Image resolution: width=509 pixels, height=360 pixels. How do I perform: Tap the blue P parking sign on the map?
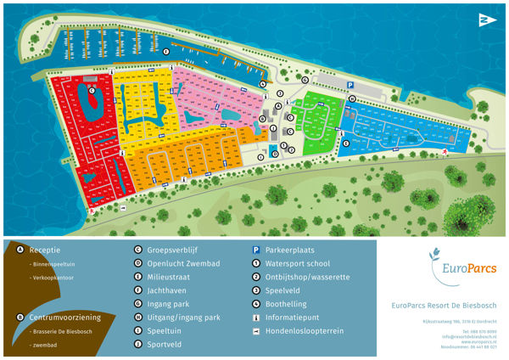pyautogui.click(x=349, y=83)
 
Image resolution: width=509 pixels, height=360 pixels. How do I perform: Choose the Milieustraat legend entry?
pyautogui.click(x=171, y=277)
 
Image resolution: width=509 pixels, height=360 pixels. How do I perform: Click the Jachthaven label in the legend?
pyautogui.click(x=169, y=290)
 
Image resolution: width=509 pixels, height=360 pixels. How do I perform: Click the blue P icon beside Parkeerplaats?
pyautogui.click(x=255, y=250)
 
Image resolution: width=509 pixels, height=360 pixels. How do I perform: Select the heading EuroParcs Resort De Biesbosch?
pyautogui.click(x=444, y=306)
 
